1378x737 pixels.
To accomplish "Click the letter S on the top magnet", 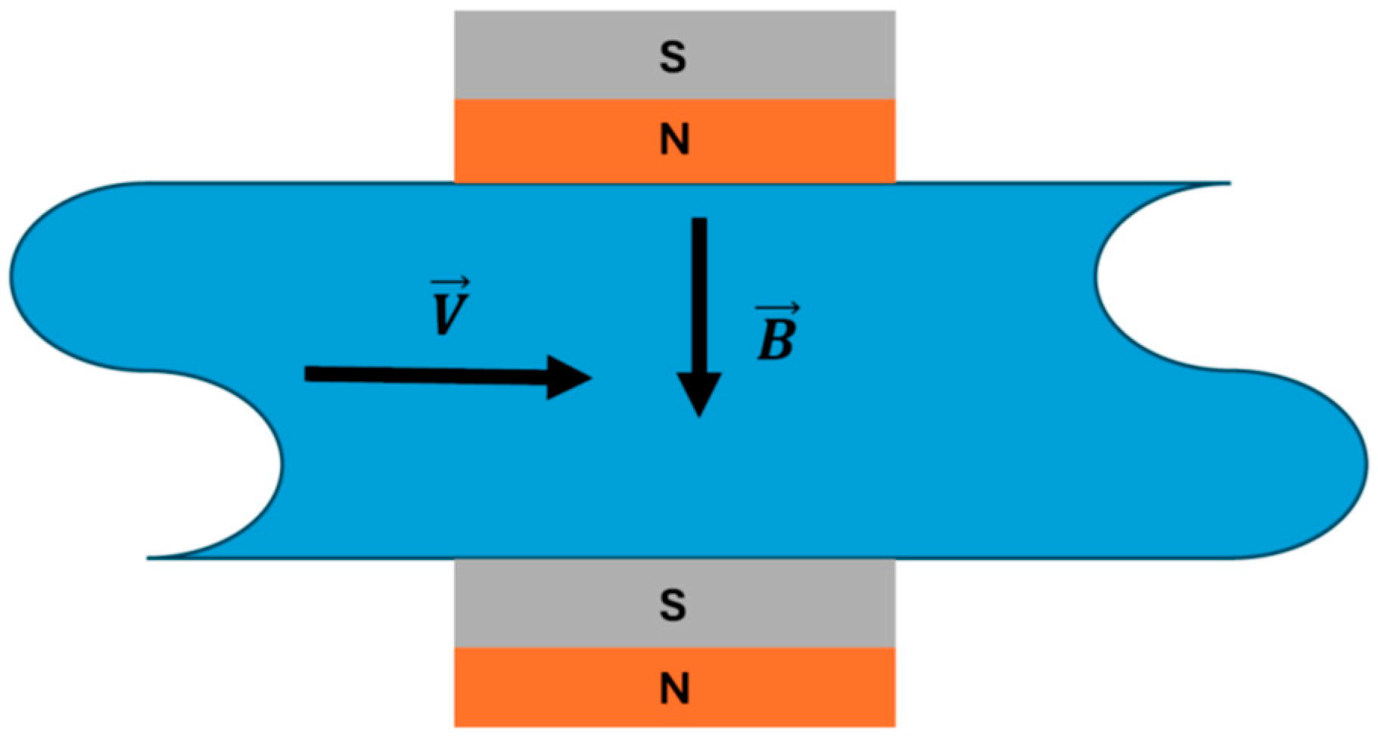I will point(673,58).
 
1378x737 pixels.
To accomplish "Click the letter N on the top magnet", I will point(674,140).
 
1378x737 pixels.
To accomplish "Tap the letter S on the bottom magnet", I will point(673,605).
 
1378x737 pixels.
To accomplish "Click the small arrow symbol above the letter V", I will point(450,283).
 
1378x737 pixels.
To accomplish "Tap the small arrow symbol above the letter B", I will point(778,309).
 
